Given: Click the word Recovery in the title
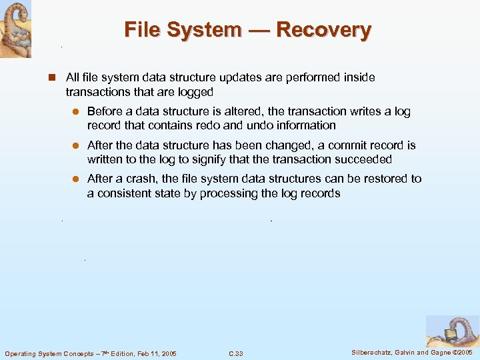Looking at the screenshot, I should (x=323, y=30).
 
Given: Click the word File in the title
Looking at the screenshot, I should (x=142, y=30).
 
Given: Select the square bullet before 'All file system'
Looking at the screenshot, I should (x=51, y=78).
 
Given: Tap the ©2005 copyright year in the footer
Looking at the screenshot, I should (x=461, y=352).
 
